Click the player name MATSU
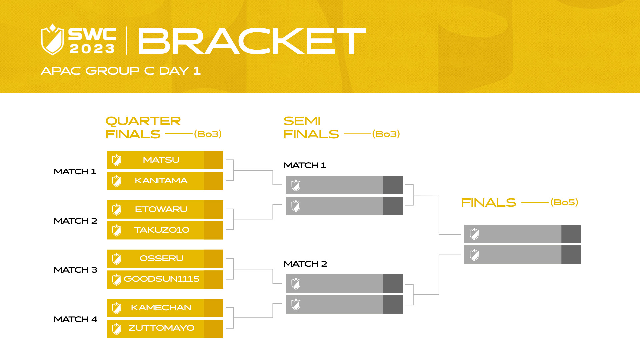click(x=161, y=160)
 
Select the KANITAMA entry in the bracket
click(x=161, y=181)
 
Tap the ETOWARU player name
click(x=161, y=209)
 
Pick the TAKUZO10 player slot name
click(x=161, y=230)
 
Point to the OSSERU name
click(x=161, y=258)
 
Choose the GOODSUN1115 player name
click(x=161, y=279)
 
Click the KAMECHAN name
click(x=161, y=308)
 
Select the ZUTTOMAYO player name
click(x=161, y=328)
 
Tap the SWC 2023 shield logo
click(x=52, y=39)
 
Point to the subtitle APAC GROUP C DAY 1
click(x=121, y=71)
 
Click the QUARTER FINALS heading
click(x=143, y=127)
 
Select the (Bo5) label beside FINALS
click(x=564, y=202)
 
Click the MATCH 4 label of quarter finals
click(x=75, y=319)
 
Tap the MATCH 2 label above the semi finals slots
click(x=305, y=264)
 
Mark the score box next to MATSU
click(x=213, y=160)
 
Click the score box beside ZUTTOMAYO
click(x=213, y=329)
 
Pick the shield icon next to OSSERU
click(x=117, y=259)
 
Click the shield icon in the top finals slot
click(x=474, y=234)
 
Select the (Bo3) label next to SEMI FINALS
click(x=386, y=134)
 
